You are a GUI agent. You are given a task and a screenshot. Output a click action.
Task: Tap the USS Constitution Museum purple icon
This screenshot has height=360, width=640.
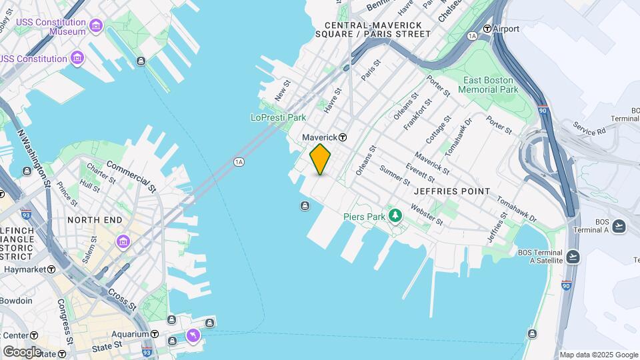point(96,26)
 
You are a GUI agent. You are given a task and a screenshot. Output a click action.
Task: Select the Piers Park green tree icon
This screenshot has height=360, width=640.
point(396,215)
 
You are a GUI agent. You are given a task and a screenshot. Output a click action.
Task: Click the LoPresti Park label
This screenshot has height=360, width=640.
point(278,117)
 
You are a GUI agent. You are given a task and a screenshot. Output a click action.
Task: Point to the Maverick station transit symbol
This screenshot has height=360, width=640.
point(343,137)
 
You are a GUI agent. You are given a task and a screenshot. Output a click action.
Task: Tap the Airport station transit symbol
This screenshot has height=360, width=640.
point(487,29)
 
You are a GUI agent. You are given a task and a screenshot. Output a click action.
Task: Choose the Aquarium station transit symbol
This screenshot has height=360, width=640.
point(154,334)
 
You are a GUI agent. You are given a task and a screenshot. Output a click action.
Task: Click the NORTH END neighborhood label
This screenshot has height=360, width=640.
point(94,219)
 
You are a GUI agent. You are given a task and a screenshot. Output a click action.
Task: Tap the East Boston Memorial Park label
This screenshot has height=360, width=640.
point(491,85)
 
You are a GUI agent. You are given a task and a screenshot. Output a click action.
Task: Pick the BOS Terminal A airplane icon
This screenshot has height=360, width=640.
point(619,226)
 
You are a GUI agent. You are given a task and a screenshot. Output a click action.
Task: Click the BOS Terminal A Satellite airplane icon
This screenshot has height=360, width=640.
point(573,256)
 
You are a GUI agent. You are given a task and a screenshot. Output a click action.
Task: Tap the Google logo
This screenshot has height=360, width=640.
point(22,351)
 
